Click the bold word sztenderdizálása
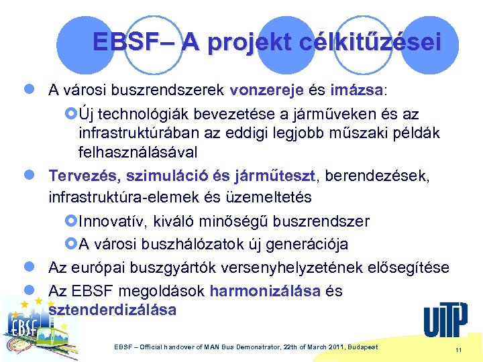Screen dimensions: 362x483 tap(113, 310)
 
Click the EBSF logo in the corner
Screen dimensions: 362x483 tap(34, 328)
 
